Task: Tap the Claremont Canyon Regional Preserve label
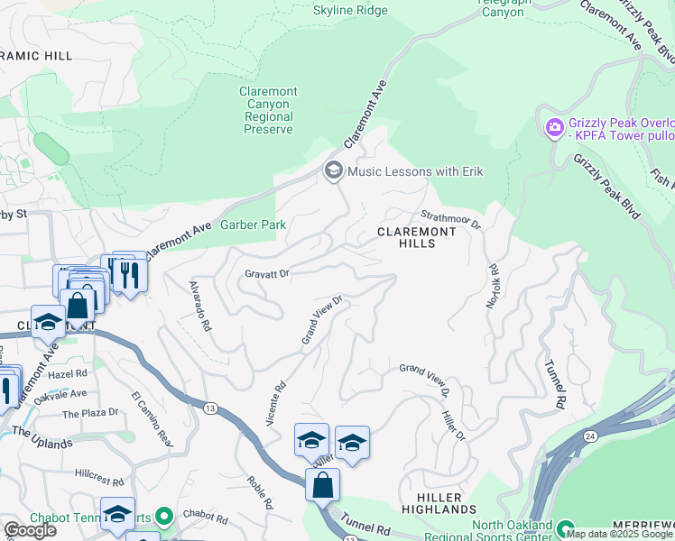[268, 111]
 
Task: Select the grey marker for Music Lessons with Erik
[333, 171]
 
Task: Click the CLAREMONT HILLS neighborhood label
[417, 238]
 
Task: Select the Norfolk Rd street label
[492, 287]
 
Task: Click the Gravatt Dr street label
[266, 272]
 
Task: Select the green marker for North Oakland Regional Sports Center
[565, 529]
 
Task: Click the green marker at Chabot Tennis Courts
[163, 518]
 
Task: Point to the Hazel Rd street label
[69, 372]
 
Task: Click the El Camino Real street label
[152, 418]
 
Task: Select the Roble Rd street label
[259, 493]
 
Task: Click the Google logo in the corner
[30, 530]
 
